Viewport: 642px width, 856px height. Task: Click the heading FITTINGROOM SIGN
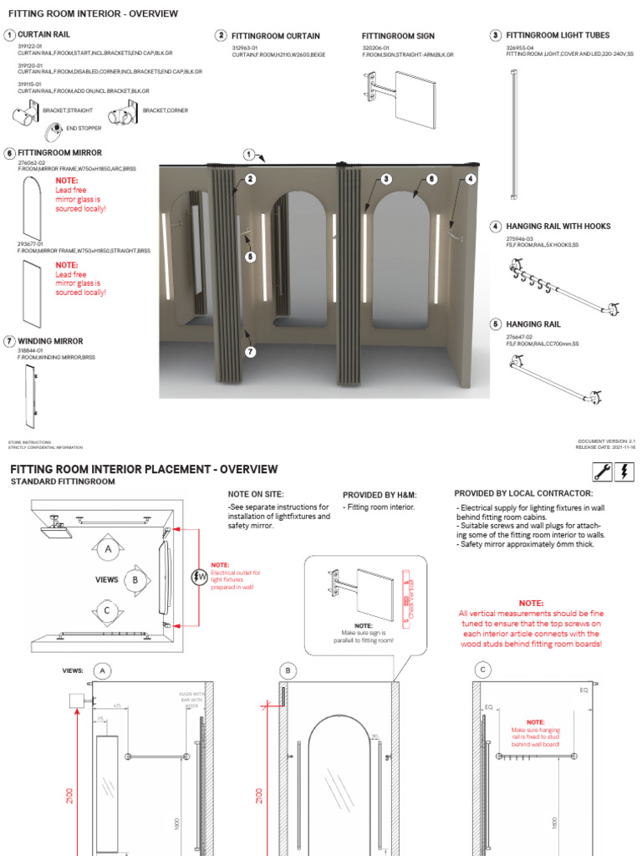398,37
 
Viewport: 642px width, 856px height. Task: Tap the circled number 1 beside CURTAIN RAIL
9,35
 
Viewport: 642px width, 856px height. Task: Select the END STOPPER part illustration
54,128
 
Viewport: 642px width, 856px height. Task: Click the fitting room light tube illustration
512,134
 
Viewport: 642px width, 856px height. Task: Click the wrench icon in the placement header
601,471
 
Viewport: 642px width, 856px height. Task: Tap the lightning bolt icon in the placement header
624,471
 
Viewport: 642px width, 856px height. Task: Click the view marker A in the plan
107,549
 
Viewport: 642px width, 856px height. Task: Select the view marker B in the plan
135,578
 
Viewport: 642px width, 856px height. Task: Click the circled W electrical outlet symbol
199,577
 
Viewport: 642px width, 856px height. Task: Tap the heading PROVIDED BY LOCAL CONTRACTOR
523,493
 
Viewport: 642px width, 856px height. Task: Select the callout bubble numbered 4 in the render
471,179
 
